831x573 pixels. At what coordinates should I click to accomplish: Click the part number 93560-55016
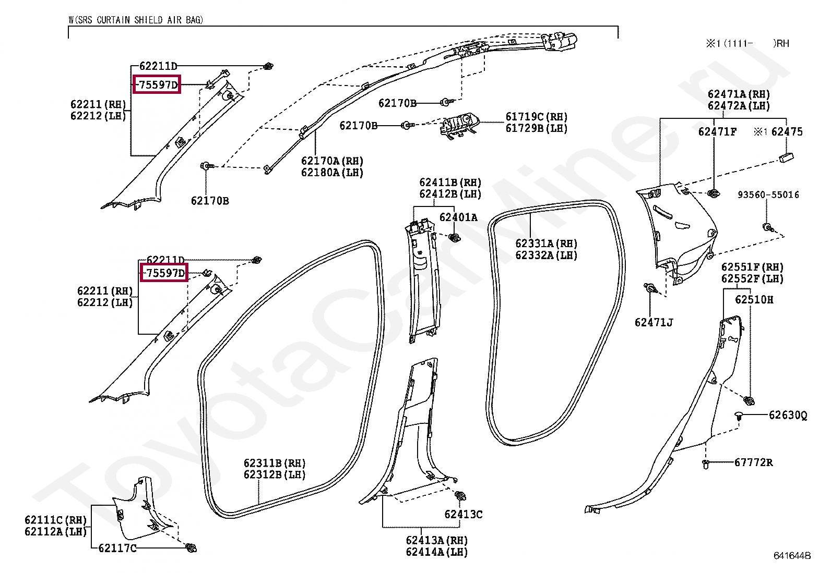[x=768, y=194]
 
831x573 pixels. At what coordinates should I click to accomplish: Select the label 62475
[x=787, y=132]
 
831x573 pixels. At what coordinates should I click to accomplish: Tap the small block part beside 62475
[x=786, y=157]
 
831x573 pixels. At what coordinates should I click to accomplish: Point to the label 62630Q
[x=788, y=416]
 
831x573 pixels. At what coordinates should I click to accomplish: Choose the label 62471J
[x=654, y=322]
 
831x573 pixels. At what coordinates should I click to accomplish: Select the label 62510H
[x=754, y=300]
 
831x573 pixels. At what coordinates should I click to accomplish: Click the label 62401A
[x=458, y=217]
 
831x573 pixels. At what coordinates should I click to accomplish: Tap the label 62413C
[x=464, y=514]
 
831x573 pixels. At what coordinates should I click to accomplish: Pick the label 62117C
[x=117, y=548]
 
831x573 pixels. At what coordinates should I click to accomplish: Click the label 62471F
[x=717, y=132]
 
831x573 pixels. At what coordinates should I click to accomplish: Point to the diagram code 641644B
[x=792, y=556]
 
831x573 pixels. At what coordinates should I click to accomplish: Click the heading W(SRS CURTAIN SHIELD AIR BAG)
[x=136, y=20]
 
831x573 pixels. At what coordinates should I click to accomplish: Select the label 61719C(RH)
[x=536, y=117]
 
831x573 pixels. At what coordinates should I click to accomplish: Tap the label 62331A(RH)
[x=546, y=243]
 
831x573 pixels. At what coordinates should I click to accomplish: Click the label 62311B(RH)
[x=275, y=463]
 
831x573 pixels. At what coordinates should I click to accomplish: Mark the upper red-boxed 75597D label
[x=157, y=84]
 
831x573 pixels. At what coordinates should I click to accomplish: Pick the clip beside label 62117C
[x=191, y=548]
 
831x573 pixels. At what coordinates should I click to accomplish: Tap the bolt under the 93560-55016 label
[x=767, y=227]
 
